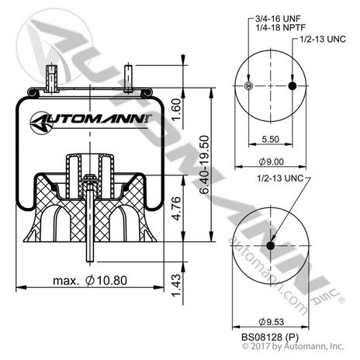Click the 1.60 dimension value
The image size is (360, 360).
tap(177, 112)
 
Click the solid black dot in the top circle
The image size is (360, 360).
tap(292, 85)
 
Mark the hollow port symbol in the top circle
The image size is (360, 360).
tap(247, 85)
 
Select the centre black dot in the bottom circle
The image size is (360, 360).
tap(270, 246)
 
